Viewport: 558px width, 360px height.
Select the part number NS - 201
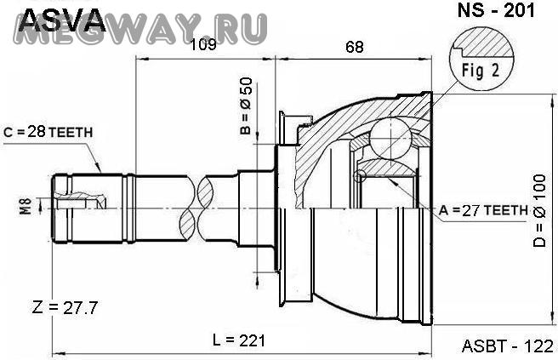pyautogui.click(x=496, y=10)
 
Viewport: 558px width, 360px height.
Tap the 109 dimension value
pyautogui.click(x=203, y=45)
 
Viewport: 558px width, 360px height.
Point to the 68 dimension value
pyautogui.click(x=355, y=47)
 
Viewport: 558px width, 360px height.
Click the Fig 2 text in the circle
pyautogui.click(x=481, y=71)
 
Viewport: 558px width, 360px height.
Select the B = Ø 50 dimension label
pyautogui.click(x=246, y=106)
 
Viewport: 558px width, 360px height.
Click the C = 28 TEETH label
pyautogui.click(x=48, y=132)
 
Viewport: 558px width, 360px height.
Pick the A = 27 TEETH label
pyautogui.click(x=483, y=210)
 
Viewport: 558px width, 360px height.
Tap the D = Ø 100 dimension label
pyautogui.click(x=539, y=211)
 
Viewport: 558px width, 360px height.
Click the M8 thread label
pyautogui.click(x=26, y=206)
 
